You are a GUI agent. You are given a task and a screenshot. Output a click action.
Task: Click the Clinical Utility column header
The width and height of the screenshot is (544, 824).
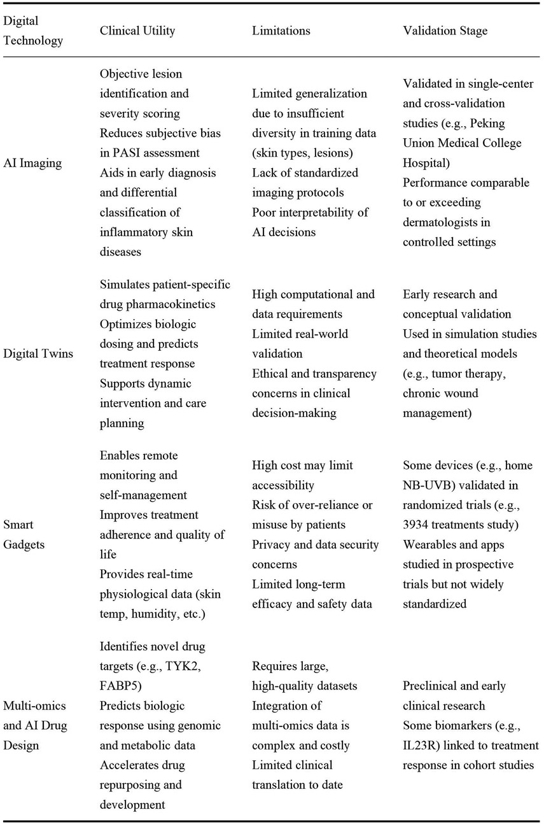(x=137, y=30)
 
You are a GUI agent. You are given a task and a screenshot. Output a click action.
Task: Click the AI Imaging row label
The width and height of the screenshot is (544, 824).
(x=32, y=162)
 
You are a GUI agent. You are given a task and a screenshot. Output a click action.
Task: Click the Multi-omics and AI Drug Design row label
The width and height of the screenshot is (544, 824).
(x=36, y=725)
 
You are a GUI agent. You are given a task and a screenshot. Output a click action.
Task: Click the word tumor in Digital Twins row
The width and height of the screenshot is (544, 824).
(x=446, y=374)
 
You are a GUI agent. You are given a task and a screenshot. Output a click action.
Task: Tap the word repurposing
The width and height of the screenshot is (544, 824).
(x=134, y=785)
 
